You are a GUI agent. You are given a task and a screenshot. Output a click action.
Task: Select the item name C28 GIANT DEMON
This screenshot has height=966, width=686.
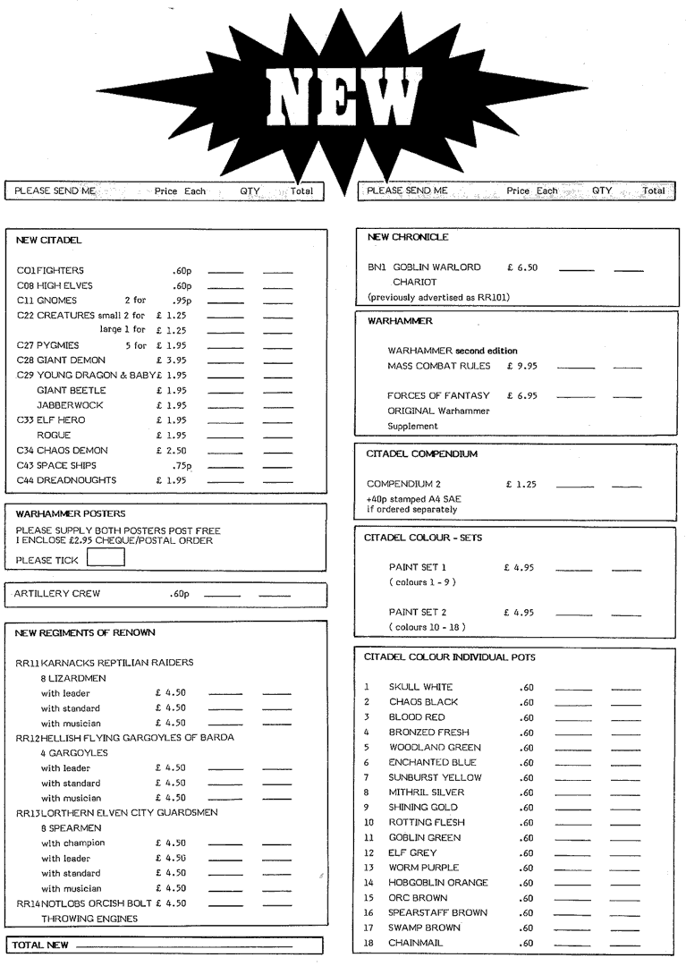point(61,360)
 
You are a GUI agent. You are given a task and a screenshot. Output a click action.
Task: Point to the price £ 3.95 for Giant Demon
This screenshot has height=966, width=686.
point(171,360)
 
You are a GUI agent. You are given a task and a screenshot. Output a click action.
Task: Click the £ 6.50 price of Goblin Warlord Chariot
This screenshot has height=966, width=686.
point(521,267)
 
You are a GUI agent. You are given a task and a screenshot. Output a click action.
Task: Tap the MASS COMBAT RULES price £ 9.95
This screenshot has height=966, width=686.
point(521,366)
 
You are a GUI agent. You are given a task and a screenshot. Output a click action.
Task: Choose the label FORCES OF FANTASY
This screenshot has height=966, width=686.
point(438,395)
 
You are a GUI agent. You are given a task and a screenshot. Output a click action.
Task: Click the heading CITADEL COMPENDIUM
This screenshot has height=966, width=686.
point(422,454)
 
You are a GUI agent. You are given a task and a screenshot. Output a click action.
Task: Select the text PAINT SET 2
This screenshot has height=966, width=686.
point(417,612)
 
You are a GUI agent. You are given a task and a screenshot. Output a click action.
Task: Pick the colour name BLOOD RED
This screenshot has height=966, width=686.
point(416,717)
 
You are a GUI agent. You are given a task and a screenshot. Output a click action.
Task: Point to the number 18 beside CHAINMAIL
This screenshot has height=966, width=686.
point(368,943)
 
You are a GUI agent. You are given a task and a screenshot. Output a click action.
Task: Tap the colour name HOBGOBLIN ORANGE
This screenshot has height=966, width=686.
point(438,883)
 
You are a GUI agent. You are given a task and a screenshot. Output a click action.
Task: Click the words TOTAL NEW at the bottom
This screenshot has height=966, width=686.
point(41,945)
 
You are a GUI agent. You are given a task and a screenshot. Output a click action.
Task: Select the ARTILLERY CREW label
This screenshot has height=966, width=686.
point(57,593)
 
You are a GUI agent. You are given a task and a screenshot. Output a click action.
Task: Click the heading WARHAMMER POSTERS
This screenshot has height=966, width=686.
point(71,513)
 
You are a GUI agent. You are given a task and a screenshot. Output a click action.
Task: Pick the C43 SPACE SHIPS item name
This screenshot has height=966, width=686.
point(56,465)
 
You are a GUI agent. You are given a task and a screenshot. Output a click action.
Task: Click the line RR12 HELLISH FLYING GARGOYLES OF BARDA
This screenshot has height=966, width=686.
point(125,738)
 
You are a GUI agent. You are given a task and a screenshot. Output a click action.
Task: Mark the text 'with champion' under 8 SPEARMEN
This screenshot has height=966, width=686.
point(72,843)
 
